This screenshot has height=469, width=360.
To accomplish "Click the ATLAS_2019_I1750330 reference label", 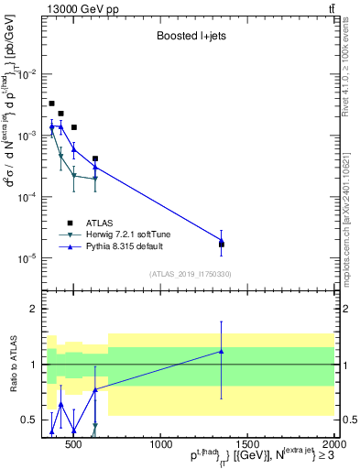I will [191, 274].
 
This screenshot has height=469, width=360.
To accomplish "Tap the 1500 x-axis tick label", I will [245, 446].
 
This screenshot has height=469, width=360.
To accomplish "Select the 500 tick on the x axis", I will [74, 446].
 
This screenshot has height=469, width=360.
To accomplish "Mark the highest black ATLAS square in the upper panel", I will [52, 104].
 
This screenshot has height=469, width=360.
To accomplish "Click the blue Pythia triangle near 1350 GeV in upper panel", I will [221, 240].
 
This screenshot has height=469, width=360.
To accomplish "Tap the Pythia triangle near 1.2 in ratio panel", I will [221, 351].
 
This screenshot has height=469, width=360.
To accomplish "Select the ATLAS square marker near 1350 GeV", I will [221, 244].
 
